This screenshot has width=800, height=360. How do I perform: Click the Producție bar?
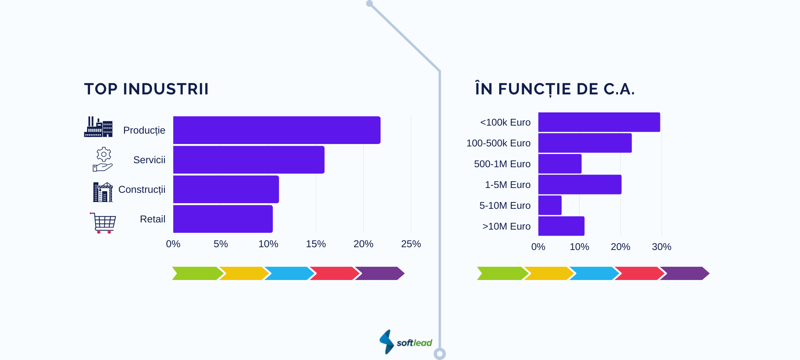(x=277, y=130)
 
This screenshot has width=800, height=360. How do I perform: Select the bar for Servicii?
(x=249, y=160)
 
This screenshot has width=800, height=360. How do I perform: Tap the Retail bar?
(x=223, y=219)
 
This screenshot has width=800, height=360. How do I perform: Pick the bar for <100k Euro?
(x=599, y=122)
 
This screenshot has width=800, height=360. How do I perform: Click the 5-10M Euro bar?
(x=550, y=205)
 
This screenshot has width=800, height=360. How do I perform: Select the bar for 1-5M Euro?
(x=580, y=184)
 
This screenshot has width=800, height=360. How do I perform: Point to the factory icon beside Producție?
(x=98, y=127)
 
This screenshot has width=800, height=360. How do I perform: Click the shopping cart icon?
(x=103, y=223)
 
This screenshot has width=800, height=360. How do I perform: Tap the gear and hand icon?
(x=103, y=159)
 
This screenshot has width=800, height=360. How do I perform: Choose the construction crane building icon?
(x=103, y=192)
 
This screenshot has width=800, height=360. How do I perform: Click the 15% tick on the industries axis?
(x=316, y=244)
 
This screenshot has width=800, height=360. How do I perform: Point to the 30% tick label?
(x=662, y=247)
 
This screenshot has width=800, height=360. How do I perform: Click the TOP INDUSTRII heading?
(x=146, y=89)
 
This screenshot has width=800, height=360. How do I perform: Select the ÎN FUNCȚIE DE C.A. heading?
(x=555, y=88)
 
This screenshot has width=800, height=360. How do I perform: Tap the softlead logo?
(x=406, y=342)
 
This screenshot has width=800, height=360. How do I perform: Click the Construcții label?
(x=142, y=190)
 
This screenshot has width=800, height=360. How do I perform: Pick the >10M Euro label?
(x=506, y=226)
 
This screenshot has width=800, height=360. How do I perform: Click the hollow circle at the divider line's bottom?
(x=440, y=354)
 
